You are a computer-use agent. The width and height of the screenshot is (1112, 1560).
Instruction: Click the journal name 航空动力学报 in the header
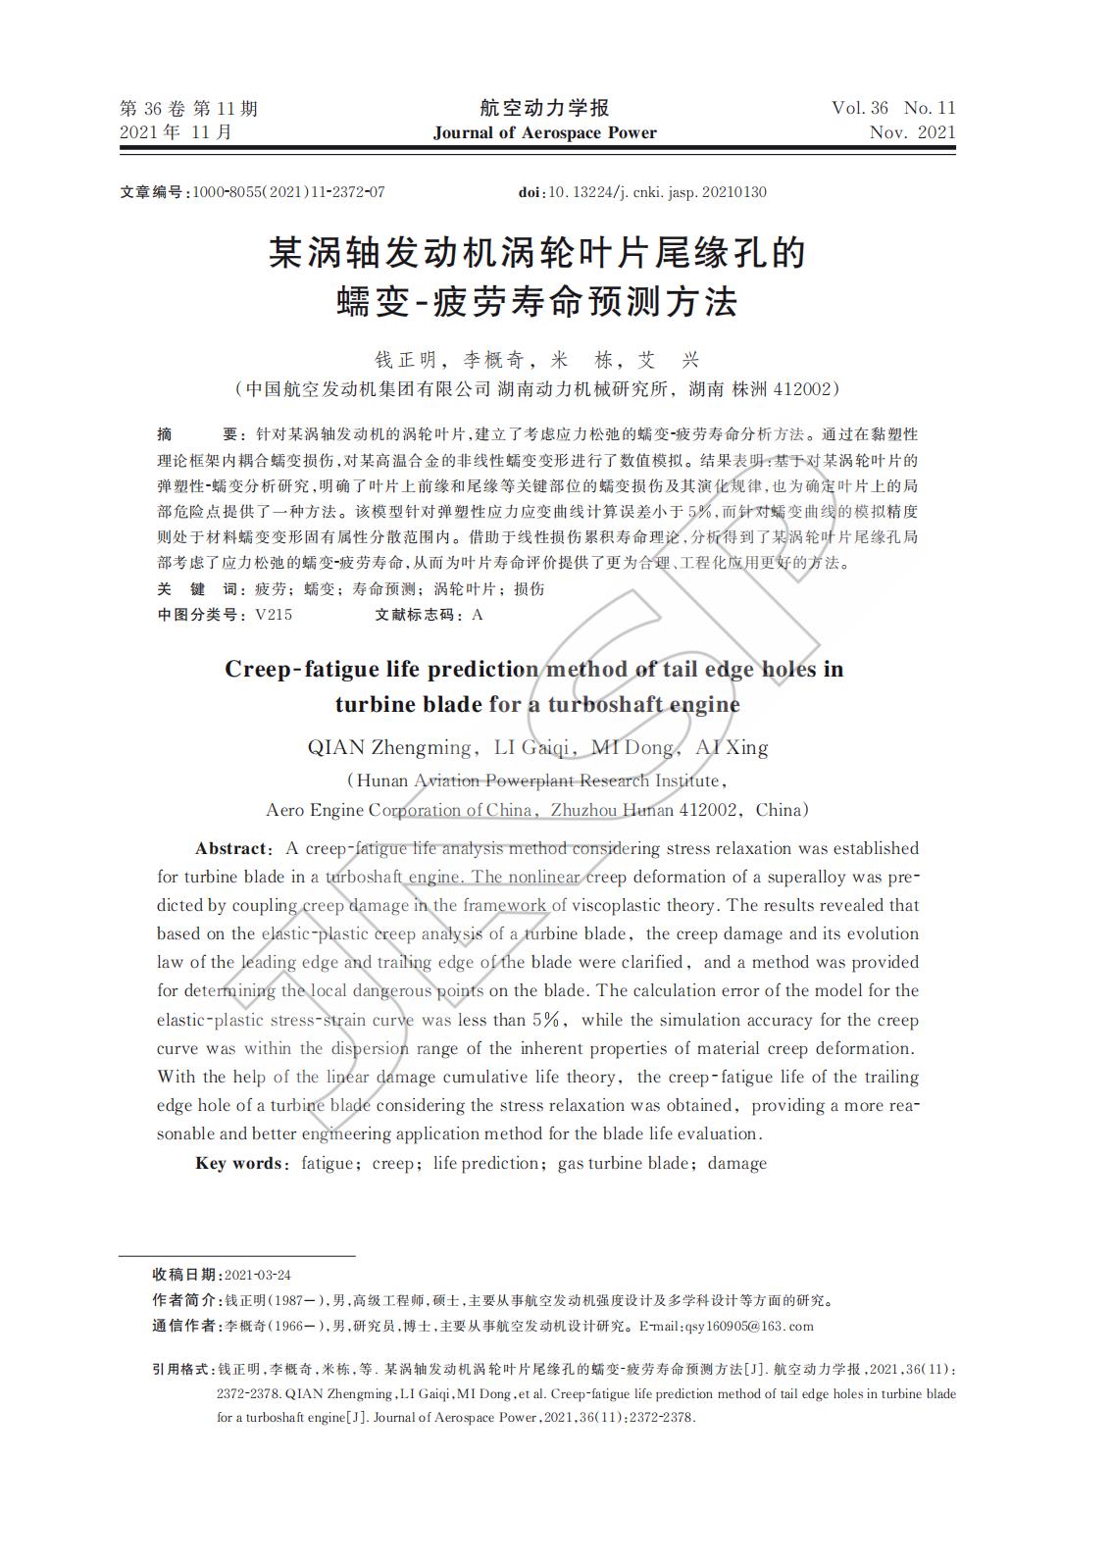[544, 108]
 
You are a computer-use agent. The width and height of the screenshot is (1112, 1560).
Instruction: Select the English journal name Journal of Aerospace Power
[544, 133]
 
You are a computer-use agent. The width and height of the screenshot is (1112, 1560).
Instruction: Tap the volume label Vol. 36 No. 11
[892, 108]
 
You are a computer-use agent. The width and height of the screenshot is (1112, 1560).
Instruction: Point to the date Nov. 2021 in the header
[911, 132]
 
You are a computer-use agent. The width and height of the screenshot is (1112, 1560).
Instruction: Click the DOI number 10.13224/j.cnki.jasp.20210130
[657, 192]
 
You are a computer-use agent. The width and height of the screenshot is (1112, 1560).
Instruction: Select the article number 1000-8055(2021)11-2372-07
[289, 192]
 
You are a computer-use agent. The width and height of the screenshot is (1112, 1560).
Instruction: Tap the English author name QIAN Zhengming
[389, 748]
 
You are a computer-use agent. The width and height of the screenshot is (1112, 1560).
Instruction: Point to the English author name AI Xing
[732, 748]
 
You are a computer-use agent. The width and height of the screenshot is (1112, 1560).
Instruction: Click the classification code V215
[273, 616]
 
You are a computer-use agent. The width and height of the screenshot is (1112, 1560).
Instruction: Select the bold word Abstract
[230, 849]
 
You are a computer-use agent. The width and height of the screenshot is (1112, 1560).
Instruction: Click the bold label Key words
[240, 1164]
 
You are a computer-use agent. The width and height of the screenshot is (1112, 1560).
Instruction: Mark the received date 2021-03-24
[258, 1275]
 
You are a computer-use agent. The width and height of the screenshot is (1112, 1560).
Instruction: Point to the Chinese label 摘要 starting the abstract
[197, 434]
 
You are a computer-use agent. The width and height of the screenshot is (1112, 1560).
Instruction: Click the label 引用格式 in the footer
[180, 1368]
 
